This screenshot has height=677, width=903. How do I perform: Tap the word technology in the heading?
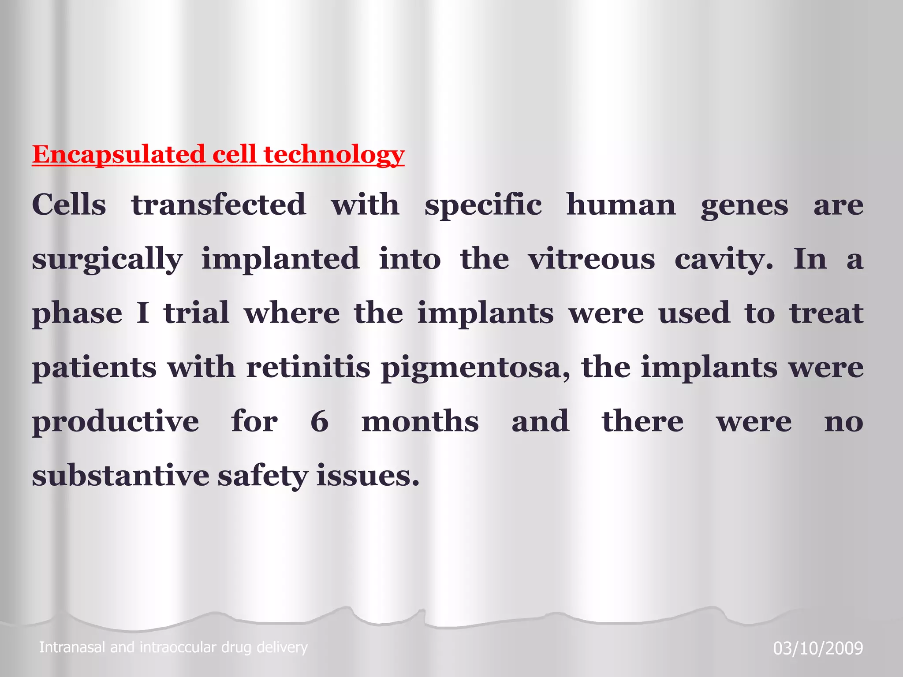[334, 155]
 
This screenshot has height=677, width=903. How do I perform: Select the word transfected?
[219, 205]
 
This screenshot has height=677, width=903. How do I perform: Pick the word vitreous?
[591, 259]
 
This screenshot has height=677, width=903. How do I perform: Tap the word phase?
[77, 314]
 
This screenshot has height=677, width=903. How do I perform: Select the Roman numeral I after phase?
[142, 313]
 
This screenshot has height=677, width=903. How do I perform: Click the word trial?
[197, 313]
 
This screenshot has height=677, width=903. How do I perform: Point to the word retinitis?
[308, 367]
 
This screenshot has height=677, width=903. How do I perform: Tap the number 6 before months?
[320, 421]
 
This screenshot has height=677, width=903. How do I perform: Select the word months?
[420, 421]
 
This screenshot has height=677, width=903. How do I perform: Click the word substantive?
[120, 476]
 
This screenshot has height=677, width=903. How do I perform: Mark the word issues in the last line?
[368, 476]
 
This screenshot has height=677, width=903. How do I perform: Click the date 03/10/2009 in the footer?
[818, 648]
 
